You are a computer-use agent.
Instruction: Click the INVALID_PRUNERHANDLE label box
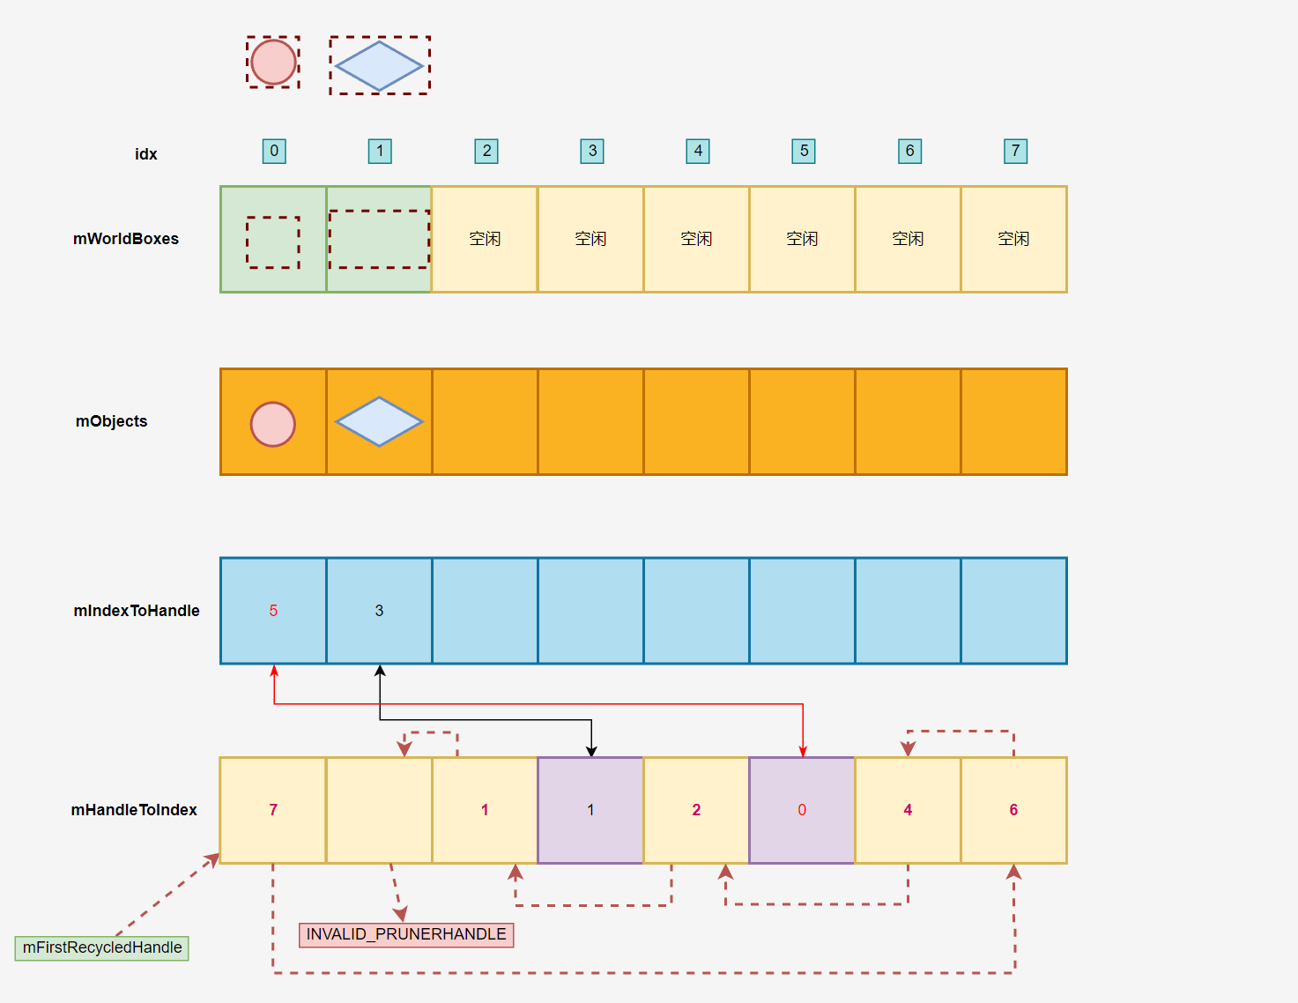(x=406, y=934)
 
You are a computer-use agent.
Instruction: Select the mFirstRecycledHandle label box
(x=102, y=948)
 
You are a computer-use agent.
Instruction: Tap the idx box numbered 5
(x=804, y=152)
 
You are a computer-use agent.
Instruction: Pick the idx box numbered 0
(x=274, y=152)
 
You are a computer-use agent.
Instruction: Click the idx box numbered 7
(x=1015, y=152)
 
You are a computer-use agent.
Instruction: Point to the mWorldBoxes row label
(x=126, y=239)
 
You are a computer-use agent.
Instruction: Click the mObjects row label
(x=112, y=421)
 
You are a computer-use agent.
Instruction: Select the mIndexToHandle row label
(x=137, y=611)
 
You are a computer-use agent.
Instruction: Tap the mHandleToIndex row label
(x=134, y=810)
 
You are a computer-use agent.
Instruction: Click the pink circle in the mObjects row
(x=273, y=425)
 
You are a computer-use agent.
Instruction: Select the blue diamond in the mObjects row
(x=379, y=421)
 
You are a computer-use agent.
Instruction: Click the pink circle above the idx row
(x=273, y=63)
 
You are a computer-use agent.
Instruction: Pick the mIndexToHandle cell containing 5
(x=273, y=611)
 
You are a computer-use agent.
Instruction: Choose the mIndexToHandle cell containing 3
(x=379, y=611)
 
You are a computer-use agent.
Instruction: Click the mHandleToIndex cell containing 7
(x=273, y=810)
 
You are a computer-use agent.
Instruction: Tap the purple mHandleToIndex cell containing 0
(x=802, y=810)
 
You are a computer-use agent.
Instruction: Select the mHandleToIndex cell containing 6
(x=1013, y=810)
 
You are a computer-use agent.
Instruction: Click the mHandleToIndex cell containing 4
(x=908, y=810)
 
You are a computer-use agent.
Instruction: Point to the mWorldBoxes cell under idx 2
(x=485, y=239)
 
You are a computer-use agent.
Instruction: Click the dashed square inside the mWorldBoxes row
(x=273, y=242)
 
